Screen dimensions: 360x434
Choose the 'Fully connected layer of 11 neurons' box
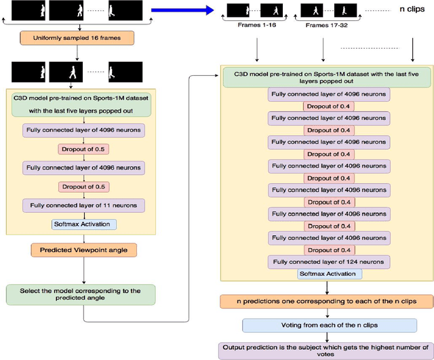tap(83, 205)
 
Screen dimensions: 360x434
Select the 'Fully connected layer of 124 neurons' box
tap(330, 262)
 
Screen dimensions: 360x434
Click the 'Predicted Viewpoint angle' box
tap(83, 250)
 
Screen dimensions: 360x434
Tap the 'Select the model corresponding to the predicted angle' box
tap(80, 294)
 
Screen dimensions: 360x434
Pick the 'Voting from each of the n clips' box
tap(330, 325)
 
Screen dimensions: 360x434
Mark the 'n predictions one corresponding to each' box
tap(327, 300)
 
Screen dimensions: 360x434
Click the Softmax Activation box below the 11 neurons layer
tap(84, 224)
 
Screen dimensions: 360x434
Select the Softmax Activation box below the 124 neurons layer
tap(330, 274)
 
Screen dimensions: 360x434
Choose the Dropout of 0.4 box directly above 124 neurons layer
tap(330, 250)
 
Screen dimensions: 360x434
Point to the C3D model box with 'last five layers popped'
tap(329, 77)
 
